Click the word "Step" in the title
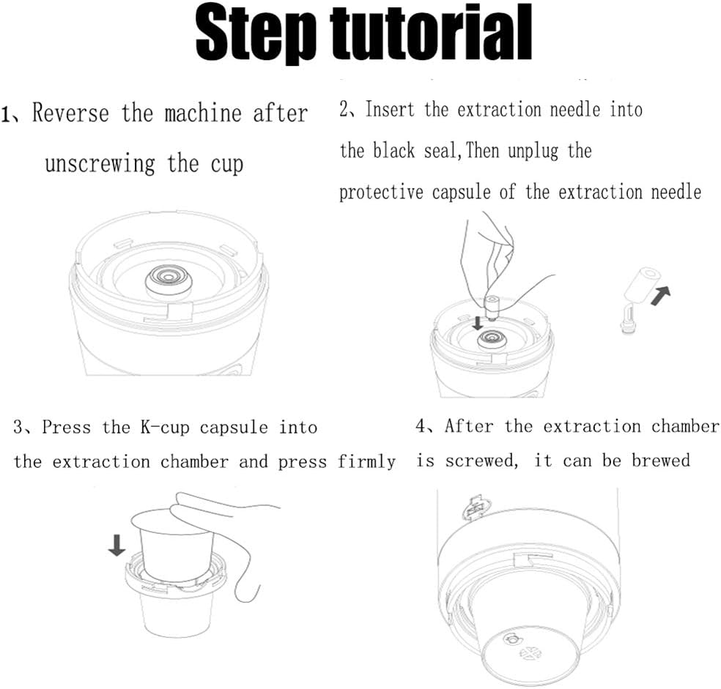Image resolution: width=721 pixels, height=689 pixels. (256, 34)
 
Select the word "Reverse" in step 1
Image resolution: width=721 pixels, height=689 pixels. (70, 113)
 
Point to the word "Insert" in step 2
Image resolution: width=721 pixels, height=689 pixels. (390, 109)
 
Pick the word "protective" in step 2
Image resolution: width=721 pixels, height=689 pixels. (381, 192)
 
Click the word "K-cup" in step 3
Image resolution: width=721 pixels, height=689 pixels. (165, 428)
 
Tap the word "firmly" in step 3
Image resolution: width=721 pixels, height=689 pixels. (366, 461)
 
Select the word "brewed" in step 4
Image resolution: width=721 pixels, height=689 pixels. (661, 460)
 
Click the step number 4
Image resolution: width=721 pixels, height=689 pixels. (421, 425)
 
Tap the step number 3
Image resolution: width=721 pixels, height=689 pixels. (18, 427)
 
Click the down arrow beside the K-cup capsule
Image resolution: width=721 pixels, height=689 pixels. (117, 545)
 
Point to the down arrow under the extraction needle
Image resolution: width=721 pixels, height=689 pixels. (478, 323)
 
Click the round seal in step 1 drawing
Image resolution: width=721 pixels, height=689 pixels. (169, 278)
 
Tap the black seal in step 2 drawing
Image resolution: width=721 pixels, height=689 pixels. (492, 339)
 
